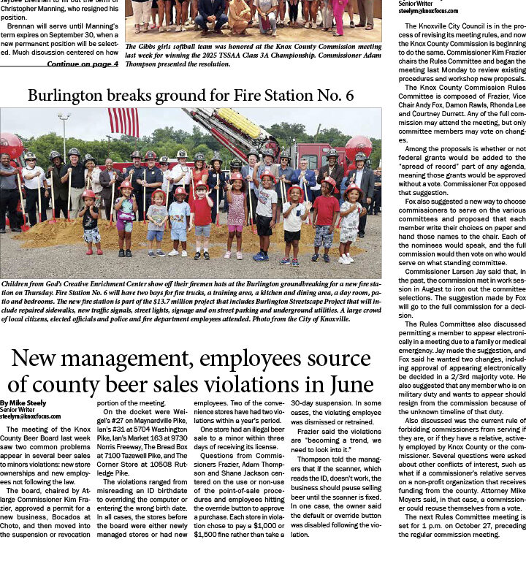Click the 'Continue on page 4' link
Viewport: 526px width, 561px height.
point(83,64)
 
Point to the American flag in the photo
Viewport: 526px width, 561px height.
point(123,122)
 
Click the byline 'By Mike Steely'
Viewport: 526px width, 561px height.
point(24,403)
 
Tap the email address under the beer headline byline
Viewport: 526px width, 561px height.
point(31,417)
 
